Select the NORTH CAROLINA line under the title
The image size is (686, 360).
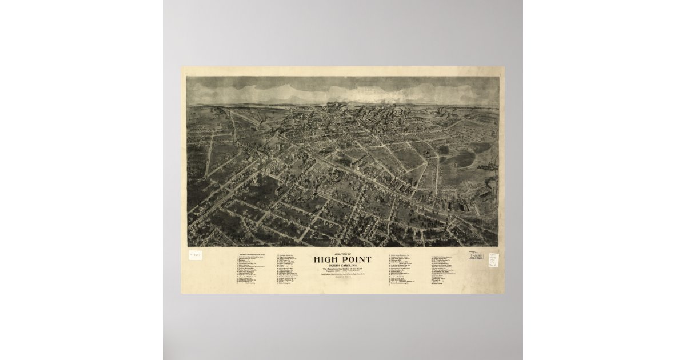pyautogui.click(x=342, y=265)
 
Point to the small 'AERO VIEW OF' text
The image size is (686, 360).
pyautogui.click(x=342, y=253)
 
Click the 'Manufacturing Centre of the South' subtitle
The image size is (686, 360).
pyautogui.click(x=342, y=269)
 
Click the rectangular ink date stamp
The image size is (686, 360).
pyautogui.click(x=475, y=256)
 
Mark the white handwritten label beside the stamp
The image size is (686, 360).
pyautogui.click(x=492, y=260)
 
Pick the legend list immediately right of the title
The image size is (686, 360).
pyautogui.click(x=406, y=269)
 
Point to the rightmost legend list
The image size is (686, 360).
pyautogui.click(x=452, y=269)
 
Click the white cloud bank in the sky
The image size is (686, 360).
pyautogui.click(x=343, y=91)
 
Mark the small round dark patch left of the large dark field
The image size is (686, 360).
pyautogui.click(x=443, y=150)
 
